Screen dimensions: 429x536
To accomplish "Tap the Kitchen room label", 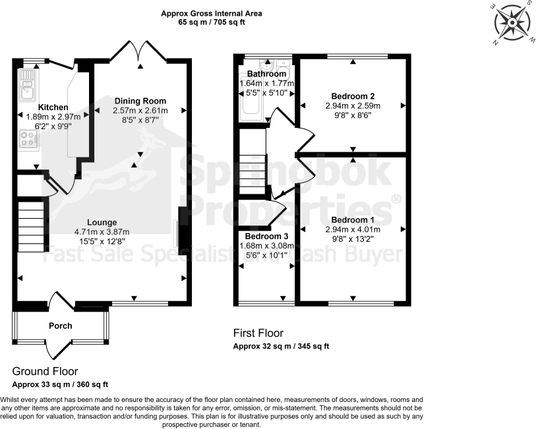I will (x=52, y=107).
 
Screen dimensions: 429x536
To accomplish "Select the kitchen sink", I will (x=27, y=84).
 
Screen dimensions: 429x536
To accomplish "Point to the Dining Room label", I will (x=140, y=101).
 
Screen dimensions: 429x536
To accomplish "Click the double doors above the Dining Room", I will (x=140, y=51).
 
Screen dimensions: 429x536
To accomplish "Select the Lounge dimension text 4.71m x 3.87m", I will (x=102, y=231).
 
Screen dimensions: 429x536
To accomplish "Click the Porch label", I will (x=60, y=326).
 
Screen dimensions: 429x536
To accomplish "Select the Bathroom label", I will (x=266, y=74).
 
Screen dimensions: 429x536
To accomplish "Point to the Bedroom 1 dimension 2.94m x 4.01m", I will (x=353, y=229).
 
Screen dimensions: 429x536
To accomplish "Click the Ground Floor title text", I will (x=45, y=371).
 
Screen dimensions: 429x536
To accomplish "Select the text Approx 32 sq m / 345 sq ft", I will (x=281, y=346).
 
